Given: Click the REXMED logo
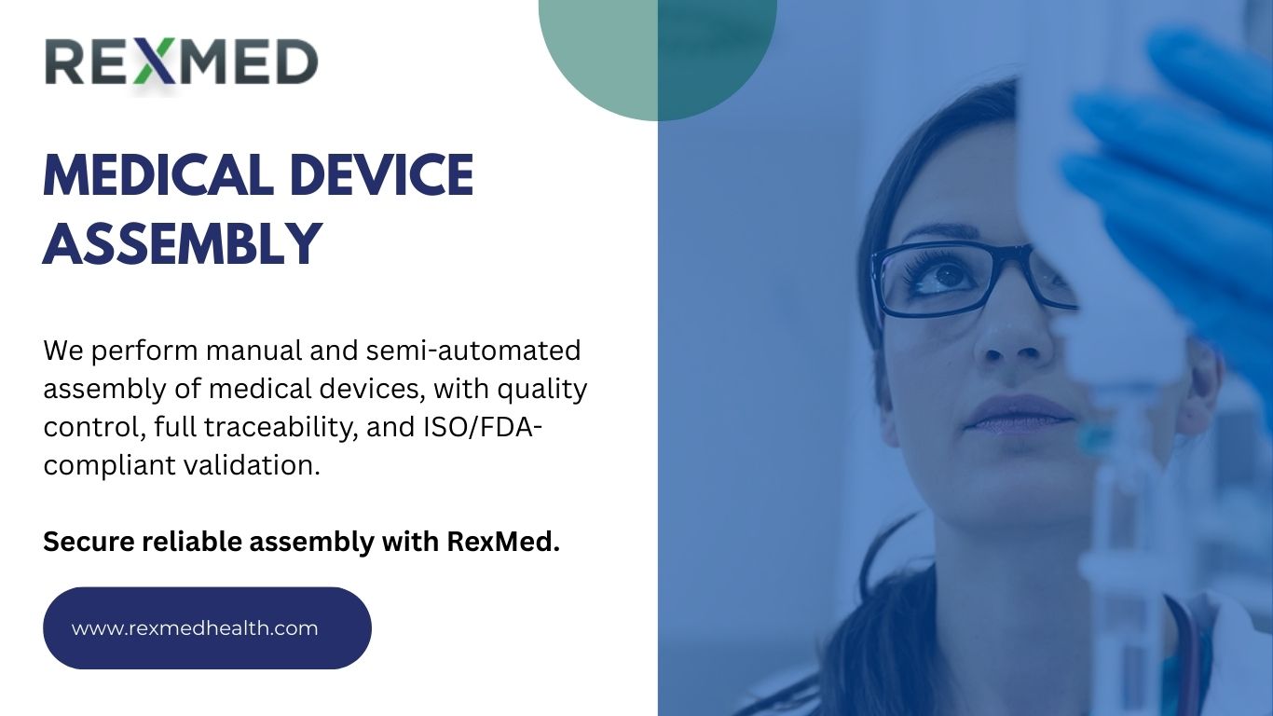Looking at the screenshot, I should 181,63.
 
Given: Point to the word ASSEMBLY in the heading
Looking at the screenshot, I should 183,244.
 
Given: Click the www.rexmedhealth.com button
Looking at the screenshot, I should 207,628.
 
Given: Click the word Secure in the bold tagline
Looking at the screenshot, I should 89,542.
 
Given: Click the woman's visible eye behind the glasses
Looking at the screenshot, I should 949,275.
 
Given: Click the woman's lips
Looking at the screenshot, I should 1019,413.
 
